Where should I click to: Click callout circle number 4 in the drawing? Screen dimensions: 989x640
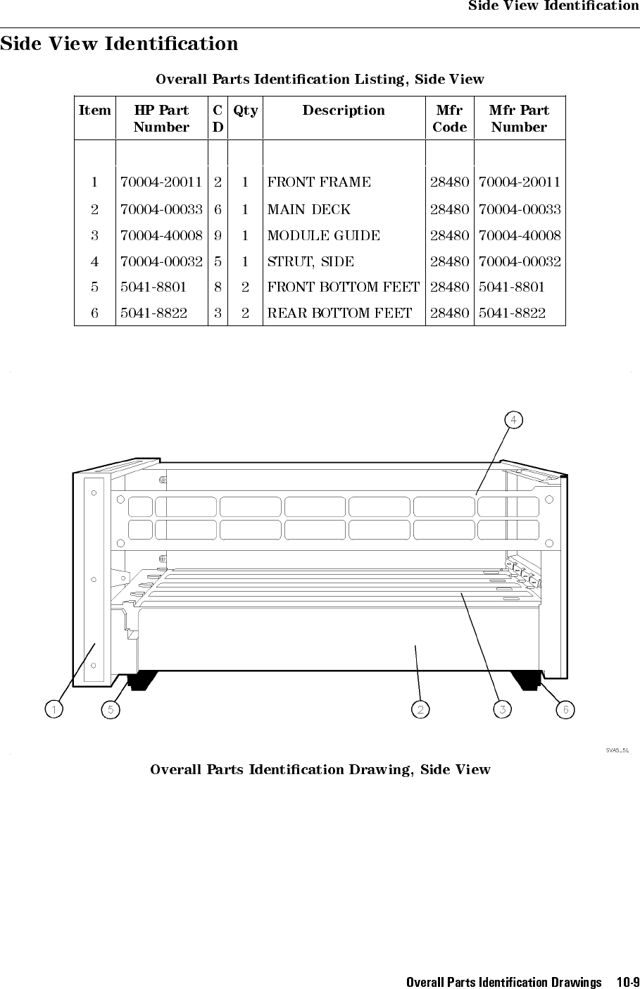[x=514, y=420]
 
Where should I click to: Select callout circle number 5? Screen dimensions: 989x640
[x=110, y=709]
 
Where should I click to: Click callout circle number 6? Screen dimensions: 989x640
[x=565, y=709]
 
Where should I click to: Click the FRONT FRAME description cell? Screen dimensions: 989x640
[x=319, y=182]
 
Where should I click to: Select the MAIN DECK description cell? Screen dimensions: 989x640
[x=309, y=209]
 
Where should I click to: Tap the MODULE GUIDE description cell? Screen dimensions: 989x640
[x=324, y=235]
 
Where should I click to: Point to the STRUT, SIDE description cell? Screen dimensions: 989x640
[x=311, y=261]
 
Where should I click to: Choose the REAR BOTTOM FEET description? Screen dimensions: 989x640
[x=339, y=313]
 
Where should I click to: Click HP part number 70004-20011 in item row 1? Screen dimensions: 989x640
[x=162, y=182]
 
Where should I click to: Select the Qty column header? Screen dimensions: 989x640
[x=245, y=111]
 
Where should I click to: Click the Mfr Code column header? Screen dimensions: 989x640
[x=449, y=118]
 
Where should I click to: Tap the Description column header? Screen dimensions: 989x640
[x=344, y=111]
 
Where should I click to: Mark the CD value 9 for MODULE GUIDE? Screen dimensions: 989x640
[x=218, y=235]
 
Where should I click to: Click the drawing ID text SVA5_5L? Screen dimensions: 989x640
[x=617, y=750]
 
